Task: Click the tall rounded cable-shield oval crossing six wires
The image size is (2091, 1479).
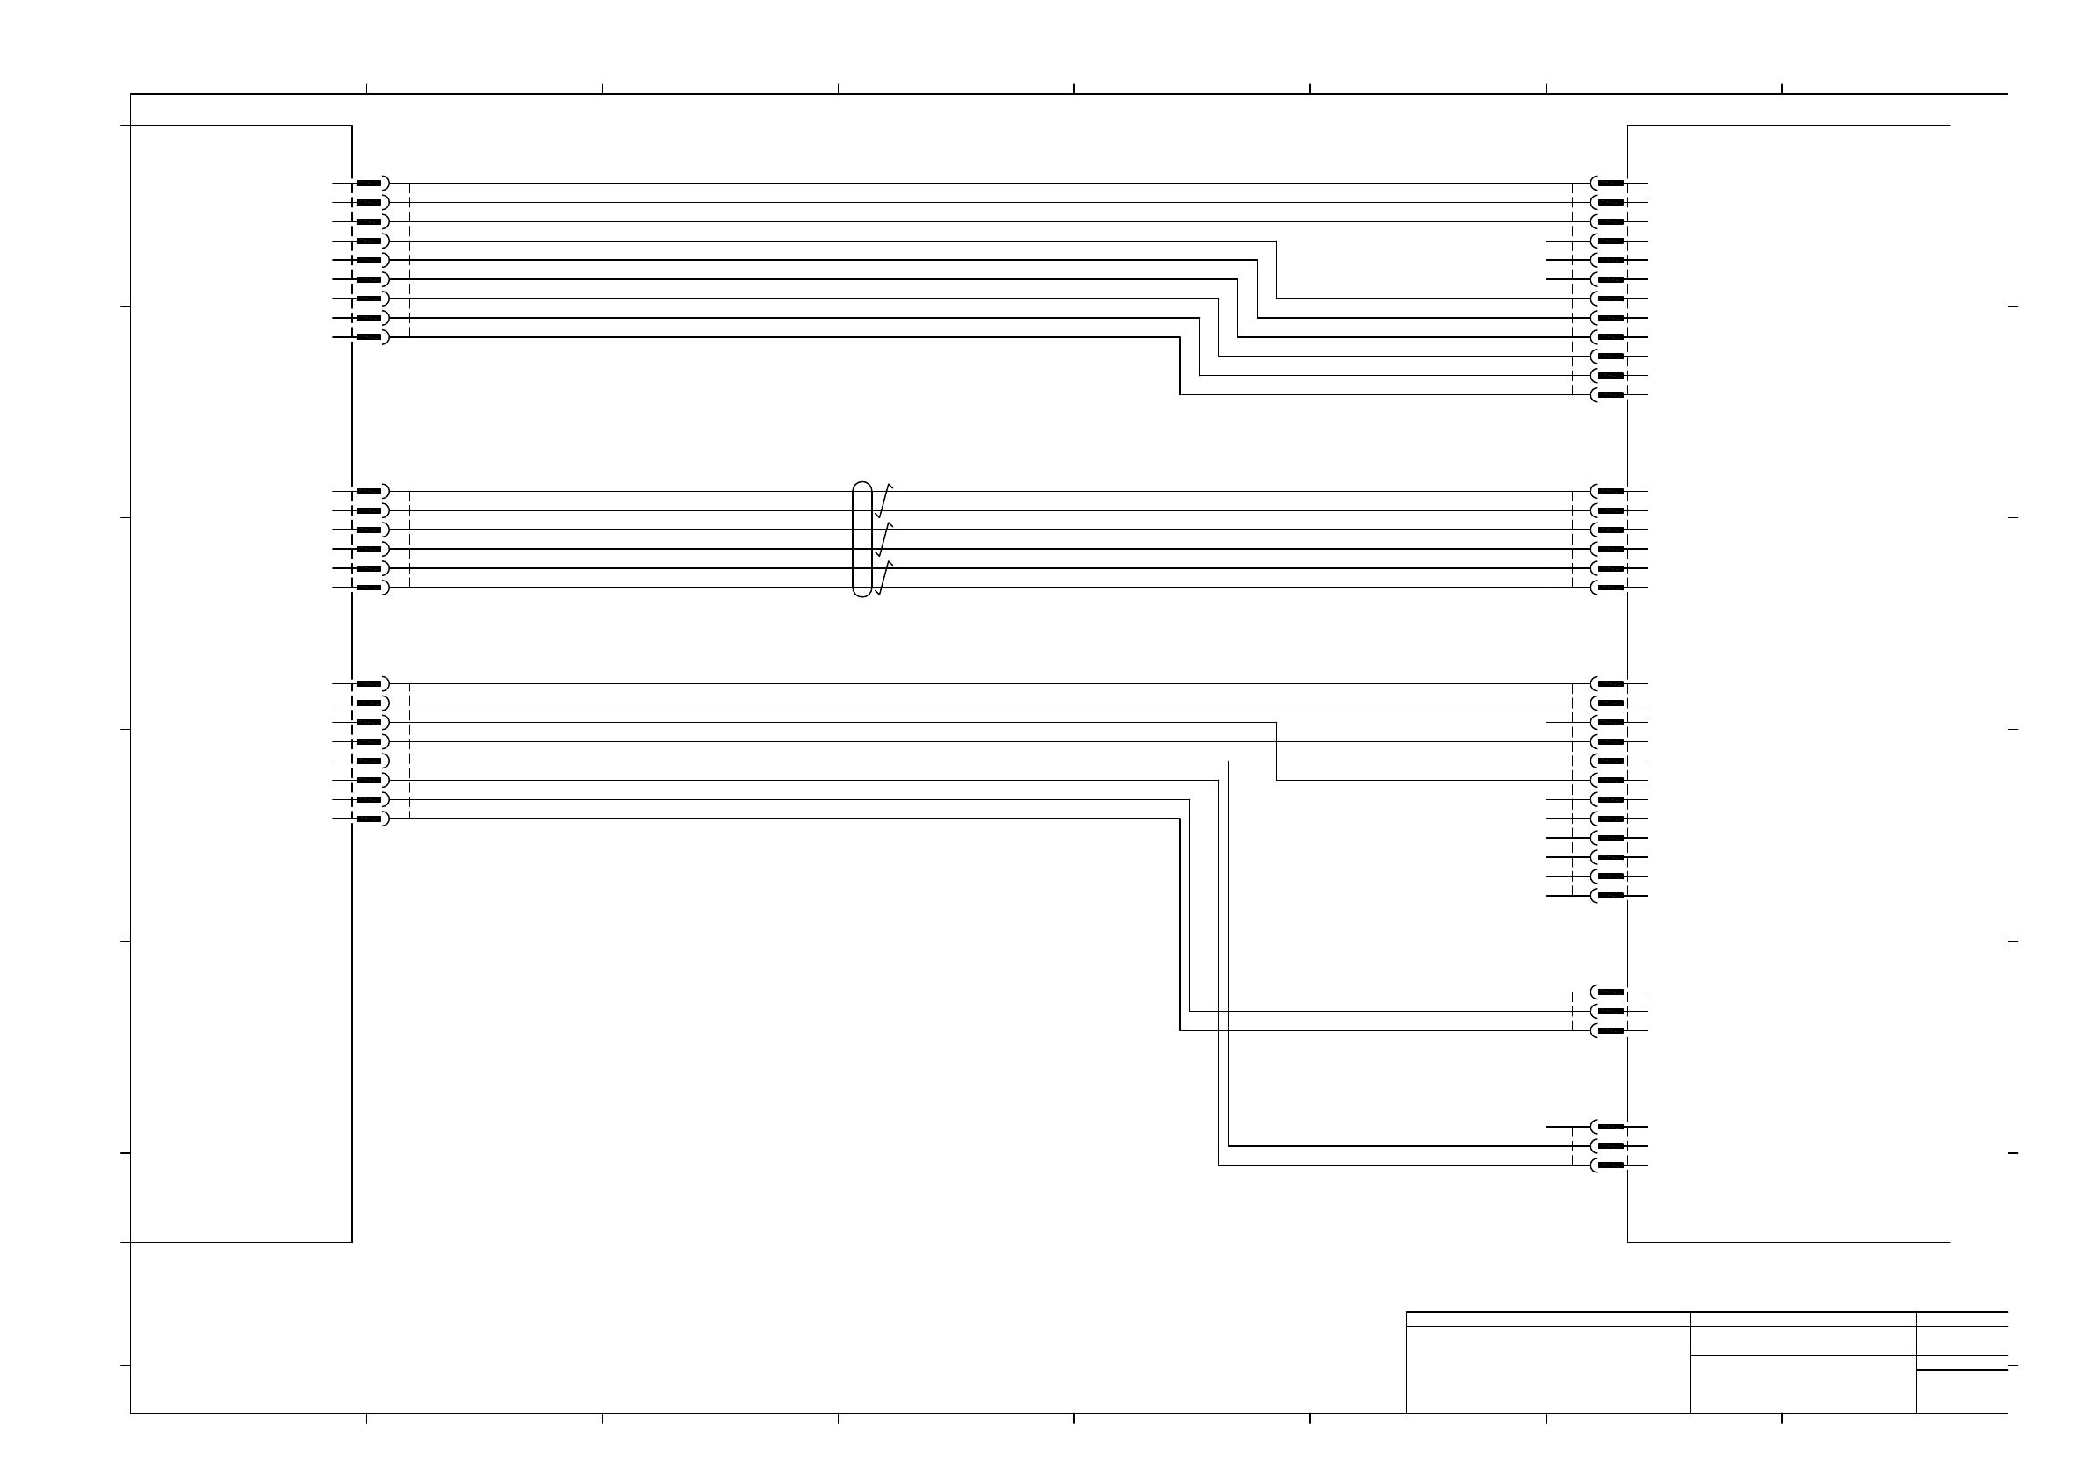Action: click(862, 539)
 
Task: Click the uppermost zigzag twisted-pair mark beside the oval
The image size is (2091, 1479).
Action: click(883, 501)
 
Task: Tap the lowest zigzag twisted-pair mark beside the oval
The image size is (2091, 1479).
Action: click(883, 578)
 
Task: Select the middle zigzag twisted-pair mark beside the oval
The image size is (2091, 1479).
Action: click(883, 540)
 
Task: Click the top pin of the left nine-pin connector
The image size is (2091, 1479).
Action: click(368, 183)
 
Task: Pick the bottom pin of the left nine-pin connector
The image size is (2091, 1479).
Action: click(368, 337)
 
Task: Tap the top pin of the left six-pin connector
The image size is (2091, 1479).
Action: click(368, 492)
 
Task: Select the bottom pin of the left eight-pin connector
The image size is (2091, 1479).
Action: click(368, 819)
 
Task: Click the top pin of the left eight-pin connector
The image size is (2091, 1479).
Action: click(368, 684)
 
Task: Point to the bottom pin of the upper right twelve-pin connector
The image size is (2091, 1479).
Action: click(1610, 395)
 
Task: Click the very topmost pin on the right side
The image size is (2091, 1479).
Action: click(1610, 183)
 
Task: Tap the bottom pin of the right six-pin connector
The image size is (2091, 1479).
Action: click(1610, 588)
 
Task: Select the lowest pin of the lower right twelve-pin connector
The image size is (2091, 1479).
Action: click(1610, 896)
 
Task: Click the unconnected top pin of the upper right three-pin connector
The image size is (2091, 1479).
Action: click(1610, 992)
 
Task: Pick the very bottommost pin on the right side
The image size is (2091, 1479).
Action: click(1610, 1165)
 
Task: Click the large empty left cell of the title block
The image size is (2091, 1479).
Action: click(1547, 1370)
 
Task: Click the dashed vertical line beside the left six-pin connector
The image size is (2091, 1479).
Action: click(410, 539)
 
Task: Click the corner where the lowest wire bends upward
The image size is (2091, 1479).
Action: click(1219, 1165)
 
